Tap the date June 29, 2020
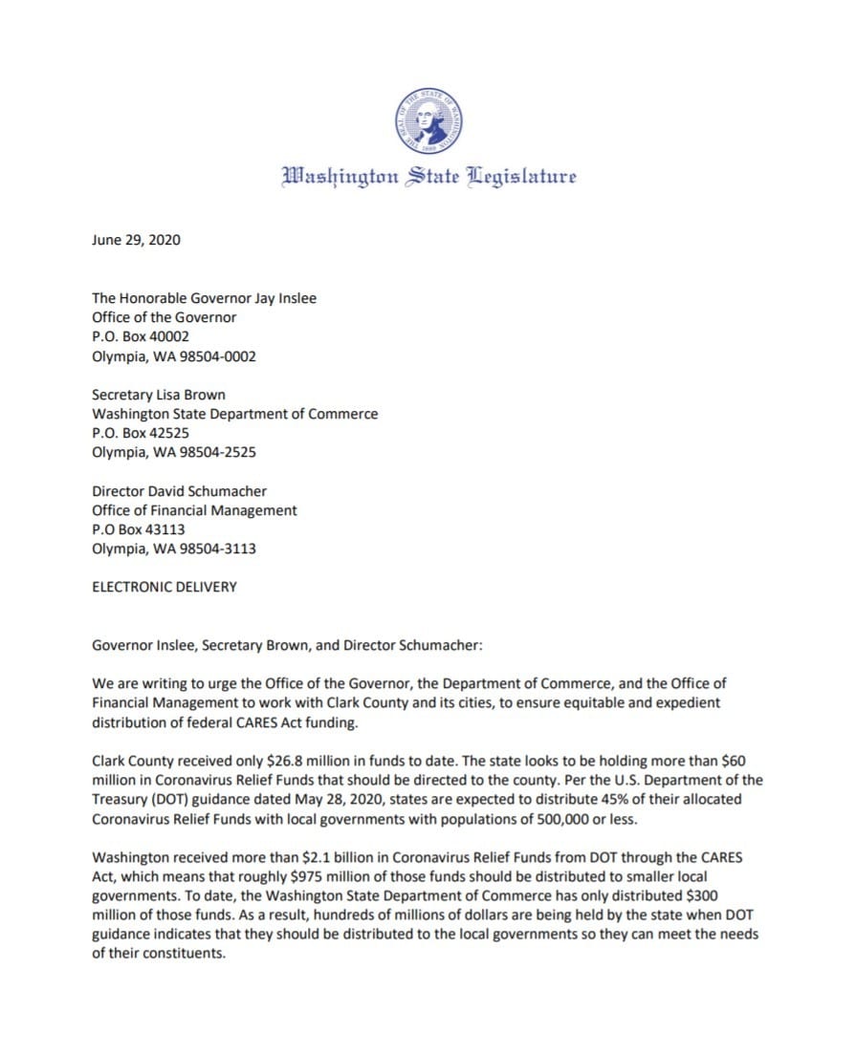coord(136,240)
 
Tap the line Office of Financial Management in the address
coord(194,510)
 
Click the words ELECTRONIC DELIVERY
coord(164,587)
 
